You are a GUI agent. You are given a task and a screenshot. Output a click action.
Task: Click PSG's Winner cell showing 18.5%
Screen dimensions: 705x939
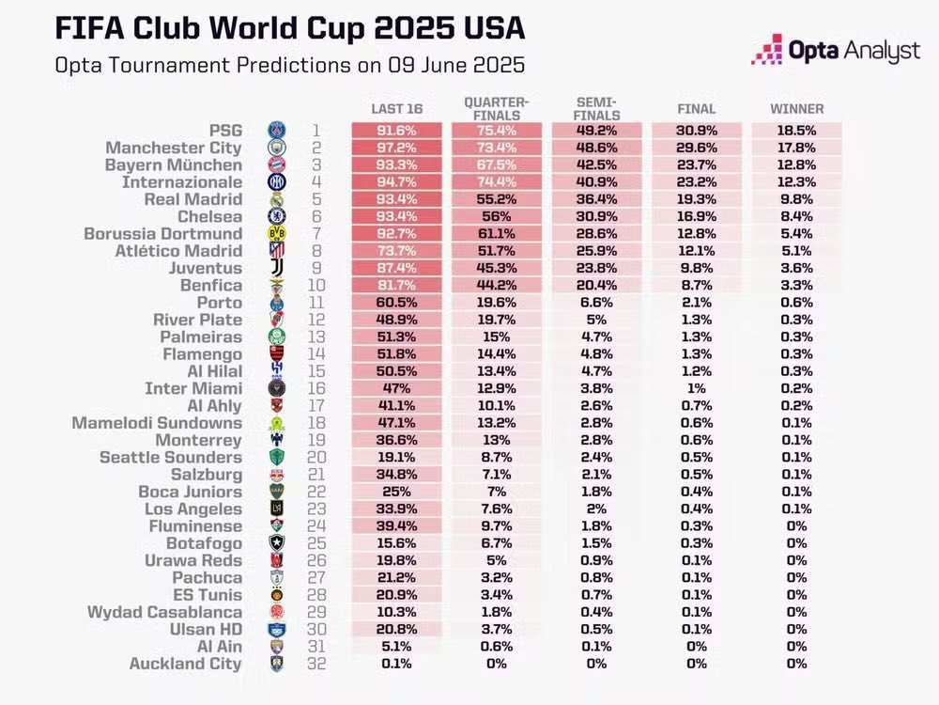796,131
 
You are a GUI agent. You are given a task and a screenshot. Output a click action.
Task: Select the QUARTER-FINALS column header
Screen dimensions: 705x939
496,108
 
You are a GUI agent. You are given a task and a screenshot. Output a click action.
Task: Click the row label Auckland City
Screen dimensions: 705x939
185,664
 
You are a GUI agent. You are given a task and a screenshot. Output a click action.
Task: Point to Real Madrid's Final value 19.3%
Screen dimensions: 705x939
696,199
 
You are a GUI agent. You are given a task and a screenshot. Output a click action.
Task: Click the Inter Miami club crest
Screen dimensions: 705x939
276,389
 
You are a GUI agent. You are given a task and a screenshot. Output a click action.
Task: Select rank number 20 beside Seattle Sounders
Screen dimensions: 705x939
317,458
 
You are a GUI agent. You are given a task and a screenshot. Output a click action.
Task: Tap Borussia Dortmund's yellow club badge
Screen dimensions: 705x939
276,234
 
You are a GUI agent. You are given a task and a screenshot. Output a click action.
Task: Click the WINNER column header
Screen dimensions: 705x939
796,109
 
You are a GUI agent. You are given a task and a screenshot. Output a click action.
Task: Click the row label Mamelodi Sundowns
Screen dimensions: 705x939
157,423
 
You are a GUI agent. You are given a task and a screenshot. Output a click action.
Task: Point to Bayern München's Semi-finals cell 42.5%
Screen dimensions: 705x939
596,165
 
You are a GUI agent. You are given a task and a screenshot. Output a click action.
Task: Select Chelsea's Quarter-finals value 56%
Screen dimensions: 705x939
496,217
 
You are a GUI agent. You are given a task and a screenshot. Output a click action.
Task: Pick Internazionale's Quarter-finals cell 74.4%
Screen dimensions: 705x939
496,182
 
